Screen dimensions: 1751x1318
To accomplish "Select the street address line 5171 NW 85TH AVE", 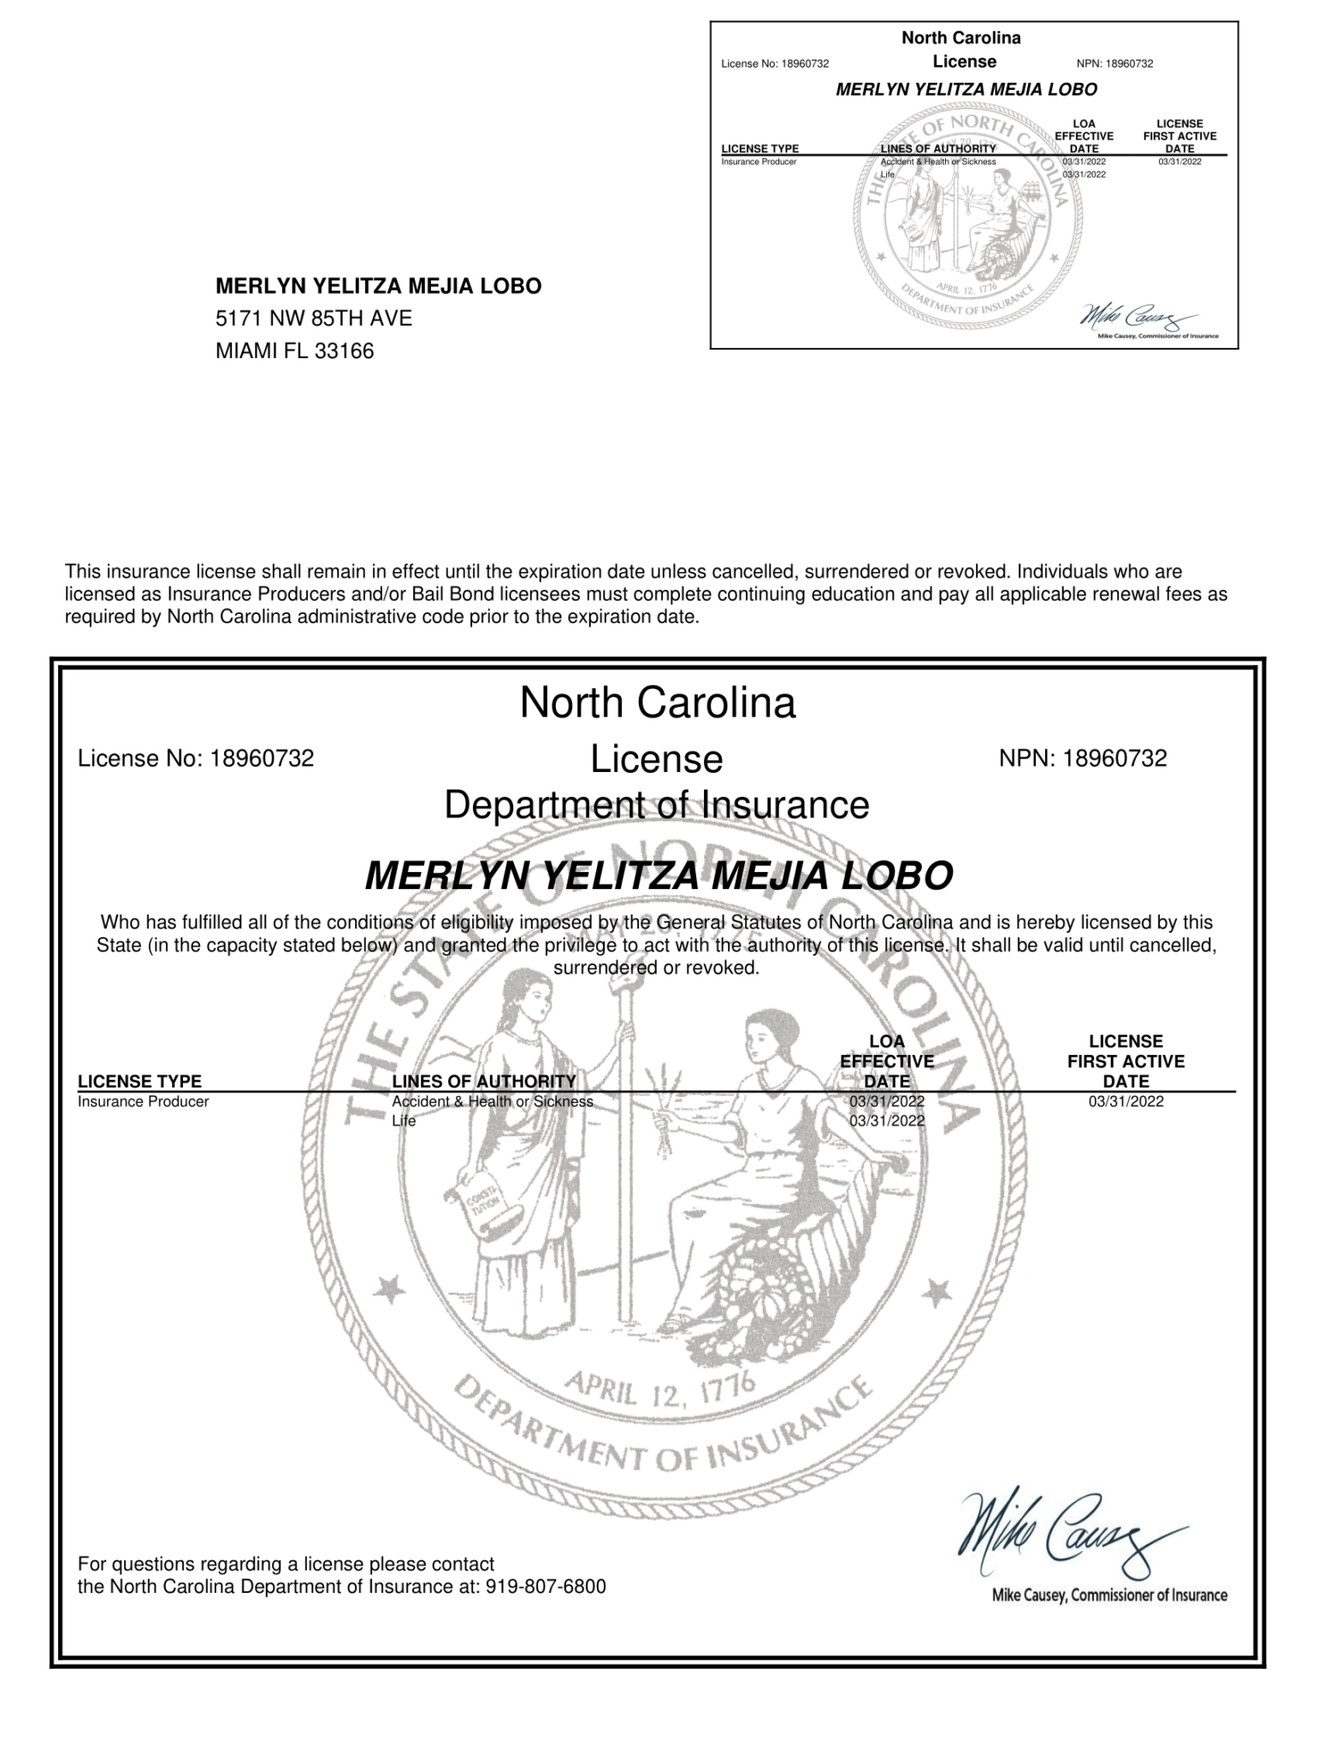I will point(313,319).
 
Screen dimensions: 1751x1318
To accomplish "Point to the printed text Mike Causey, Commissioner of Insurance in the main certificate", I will point(1108,1595).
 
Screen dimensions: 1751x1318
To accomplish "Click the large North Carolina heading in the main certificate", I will point(657,704).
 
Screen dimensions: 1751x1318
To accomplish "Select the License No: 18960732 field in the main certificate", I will point(196,758).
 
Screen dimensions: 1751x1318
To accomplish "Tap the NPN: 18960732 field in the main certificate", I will point(1082,758).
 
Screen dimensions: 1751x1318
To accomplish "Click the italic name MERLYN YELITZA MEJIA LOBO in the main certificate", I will point(658,875).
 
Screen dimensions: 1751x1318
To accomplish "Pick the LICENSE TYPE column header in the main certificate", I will point(139,1082).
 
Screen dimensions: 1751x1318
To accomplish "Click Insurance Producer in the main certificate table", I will point(143,1102).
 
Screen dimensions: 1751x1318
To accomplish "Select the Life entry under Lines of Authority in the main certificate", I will point(404,1121).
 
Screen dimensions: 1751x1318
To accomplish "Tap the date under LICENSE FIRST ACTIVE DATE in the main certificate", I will point(1126,1102).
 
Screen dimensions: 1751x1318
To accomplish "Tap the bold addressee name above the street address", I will point(378,286).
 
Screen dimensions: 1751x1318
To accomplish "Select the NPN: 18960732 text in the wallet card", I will point(1114,63).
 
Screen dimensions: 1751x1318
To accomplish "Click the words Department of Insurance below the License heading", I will point(657,805).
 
